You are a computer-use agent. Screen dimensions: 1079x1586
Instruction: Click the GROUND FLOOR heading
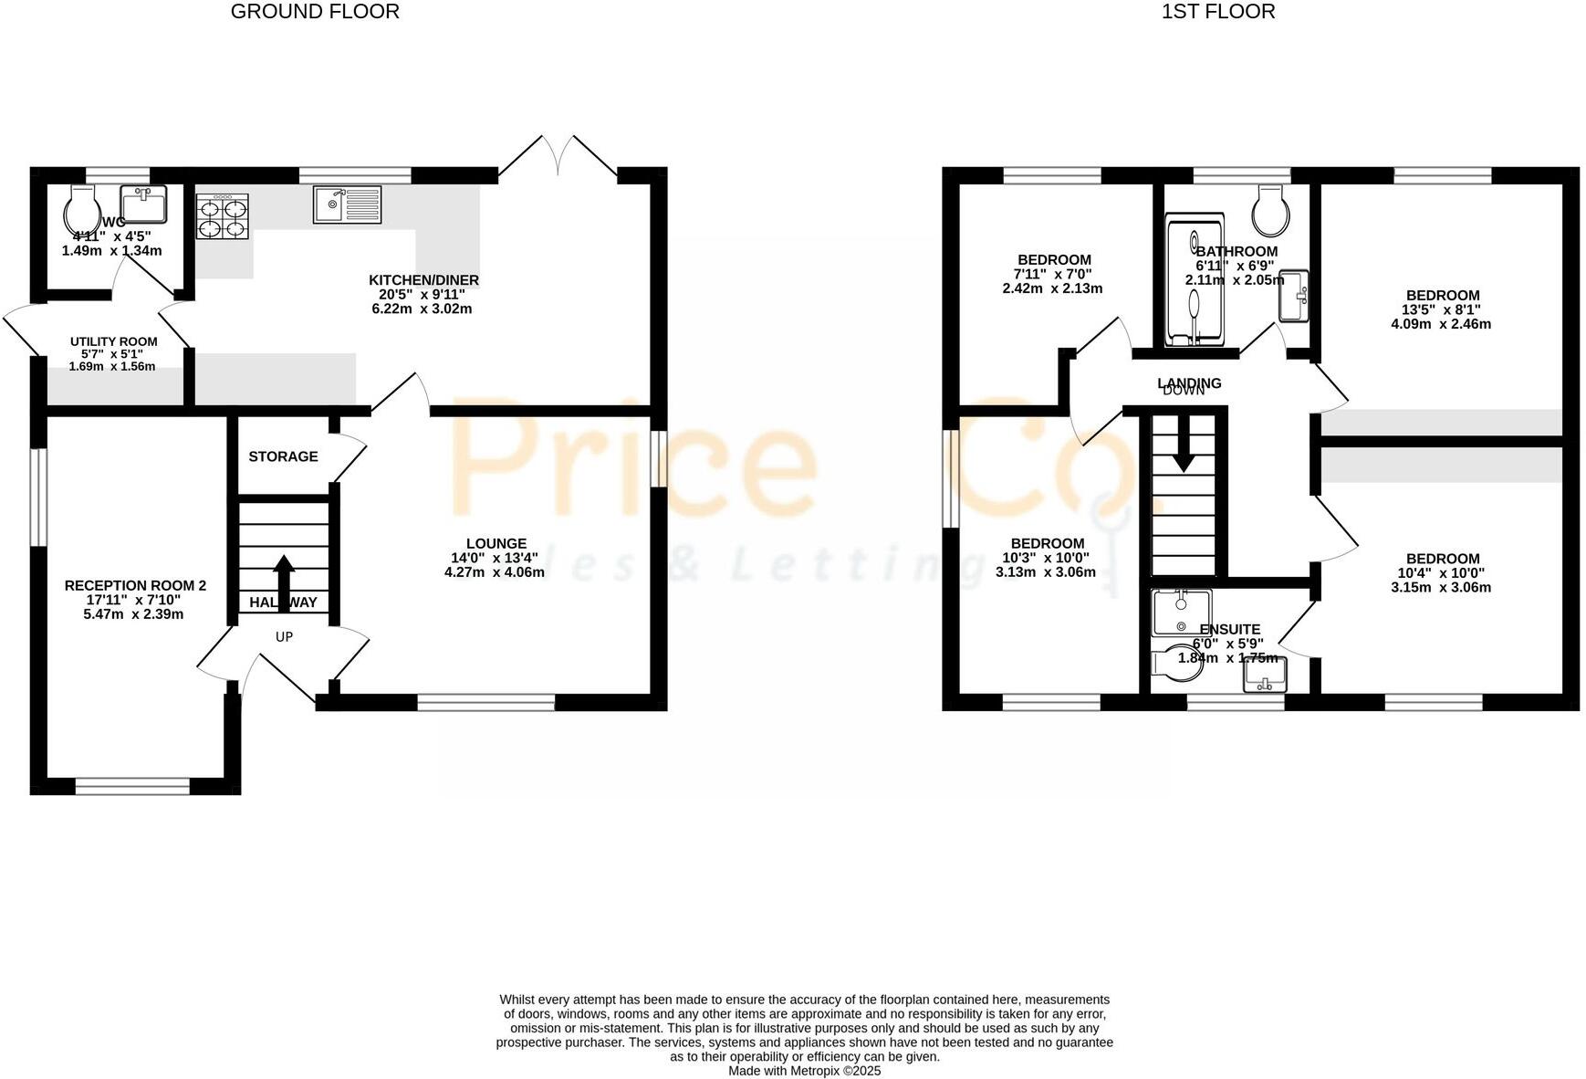[315, 12]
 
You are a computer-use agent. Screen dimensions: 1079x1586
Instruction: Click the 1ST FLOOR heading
[1218, 12]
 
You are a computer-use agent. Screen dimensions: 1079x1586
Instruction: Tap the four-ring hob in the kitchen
[222, 217]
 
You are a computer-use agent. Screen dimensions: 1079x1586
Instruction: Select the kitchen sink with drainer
[347, 204]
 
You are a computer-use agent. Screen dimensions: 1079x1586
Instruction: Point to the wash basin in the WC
[143, 204]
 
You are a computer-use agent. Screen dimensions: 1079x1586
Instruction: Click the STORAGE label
[283, 456]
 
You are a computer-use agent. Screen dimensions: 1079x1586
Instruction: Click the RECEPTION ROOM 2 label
[135, 585]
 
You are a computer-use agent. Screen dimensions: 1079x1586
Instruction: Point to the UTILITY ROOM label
[114, 341]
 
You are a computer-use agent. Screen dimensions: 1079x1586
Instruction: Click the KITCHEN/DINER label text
[423, 280]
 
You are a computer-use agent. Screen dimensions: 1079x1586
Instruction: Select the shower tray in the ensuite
[1181, 613]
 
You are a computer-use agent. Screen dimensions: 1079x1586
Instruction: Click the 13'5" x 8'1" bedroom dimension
[1442, 309]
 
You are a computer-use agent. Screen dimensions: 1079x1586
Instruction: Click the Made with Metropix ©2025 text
[804, 1071]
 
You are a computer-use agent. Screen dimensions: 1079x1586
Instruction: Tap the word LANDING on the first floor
[1189, 382]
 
